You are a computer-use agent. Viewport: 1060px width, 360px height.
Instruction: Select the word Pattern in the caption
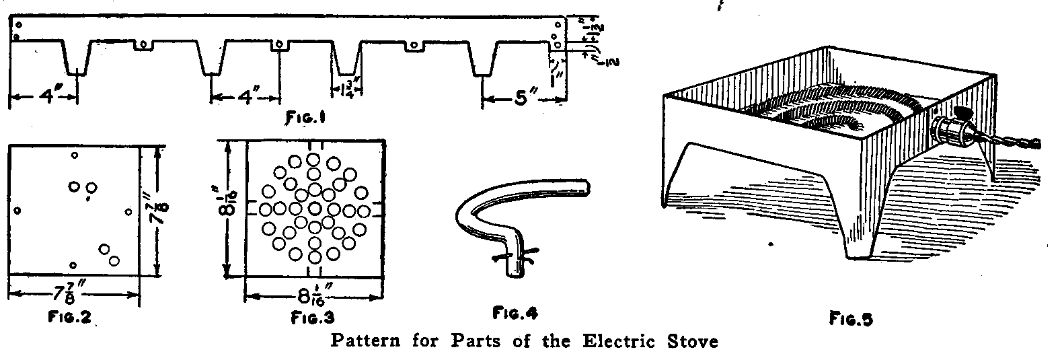[x=364, y=341]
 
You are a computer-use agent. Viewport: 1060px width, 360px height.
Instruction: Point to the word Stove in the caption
[x=693, y=341]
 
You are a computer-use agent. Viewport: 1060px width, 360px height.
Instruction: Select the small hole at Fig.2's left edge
[x=18, y=211]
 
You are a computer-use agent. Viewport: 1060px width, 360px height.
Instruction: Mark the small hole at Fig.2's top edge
[x=74, y=155]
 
